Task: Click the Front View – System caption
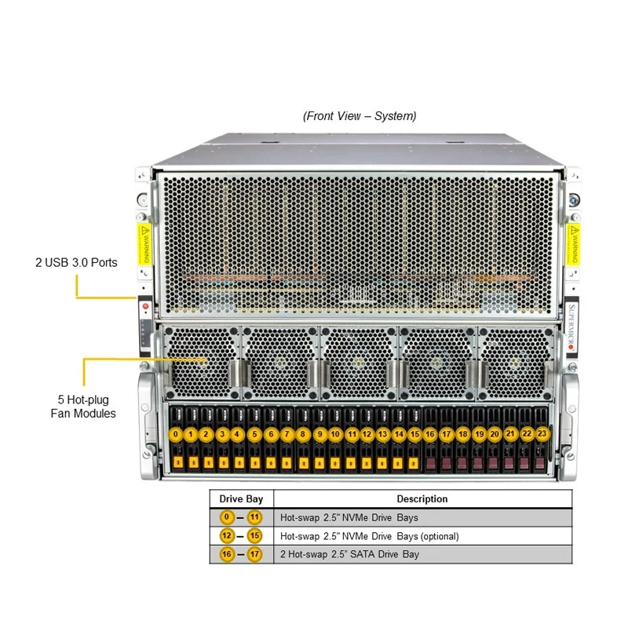click(360, 116)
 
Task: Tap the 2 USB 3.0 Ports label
click(76, 262)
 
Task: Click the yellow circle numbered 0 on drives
click(176, 434)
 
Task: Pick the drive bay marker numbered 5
click(254, 434)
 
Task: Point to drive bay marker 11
click(352, 434)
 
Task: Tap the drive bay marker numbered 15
click(414, 434)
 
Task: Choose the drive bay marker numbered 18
click(462, 434)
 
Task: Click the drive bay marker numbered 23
click(542, 433)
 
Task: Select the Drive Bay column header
click(241, 498)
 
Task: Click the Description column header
click(422, 498)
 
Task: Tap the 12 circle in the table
click(228, 536)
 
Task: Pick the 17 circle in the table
click(254, 554)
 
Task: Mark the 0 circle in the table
click(228, 517)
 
